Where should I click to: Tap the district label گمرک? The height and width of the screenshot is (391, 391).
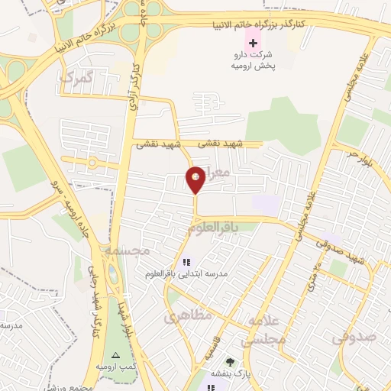pyautogui.click(x=79, y=78)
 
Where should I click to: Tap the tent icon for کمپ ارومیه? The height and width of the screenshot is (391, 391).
pyautogui.click(x=115, y=356)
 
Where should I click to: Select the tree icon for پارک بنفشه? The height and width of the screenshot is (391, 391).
pyautogui.click(x=228, y=361)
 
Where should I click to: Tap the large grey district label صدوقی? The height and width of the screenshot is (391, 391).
pyautogui.click(x=355, y=335)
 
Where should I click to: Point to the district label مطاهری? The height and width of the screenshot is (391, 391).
pyautogui.click(x=183, y=314)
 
